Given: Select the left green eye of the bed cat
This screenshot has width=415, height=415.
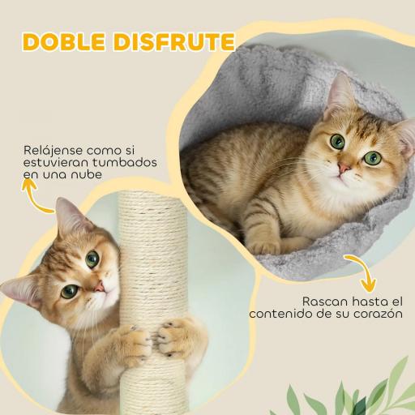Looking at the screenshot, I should click(337, 142).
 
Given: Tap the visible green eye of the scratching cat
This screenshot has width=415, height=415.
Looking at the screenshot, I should click(92, 259).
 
